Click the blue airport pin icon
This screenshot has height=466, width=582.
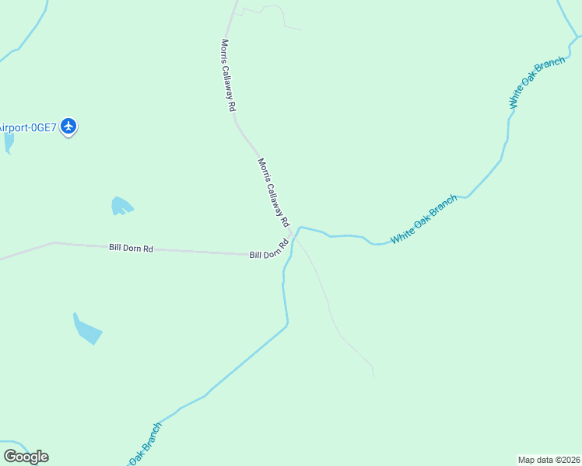pos(68,126)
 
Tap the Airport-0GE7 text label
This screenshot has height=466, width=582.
pos(27,127)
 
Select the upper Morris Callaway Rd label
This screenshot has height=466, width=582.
pos(228,76)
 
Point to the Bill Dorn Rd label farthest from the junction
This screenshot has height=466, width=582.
pos(131,248)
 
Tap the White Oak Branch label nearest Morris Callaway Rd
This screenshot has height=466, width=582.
pos(424,220)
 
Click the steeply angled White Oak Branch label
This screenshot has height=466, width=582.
pos(536,82)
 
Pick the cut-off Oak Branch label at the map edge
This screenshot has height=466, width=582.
pos(144,443)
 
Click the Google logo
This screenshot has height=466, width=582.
pos(26,457)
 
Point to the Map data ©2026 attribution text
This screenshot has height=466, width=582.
pos(549,460)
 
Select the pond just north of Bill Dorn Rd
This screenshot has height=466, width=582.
pos(121,206)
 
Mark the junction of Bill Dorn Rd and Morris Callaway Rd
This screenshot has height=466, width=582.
pos(293,236)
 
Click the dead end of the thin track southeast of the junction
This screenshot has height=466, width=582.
pos(373,377)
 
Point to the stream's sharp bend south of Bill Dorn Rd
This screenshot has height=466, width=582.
pos(287,325)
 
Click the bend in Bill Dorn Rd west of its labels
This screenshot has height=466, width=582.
pos(54,243)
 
